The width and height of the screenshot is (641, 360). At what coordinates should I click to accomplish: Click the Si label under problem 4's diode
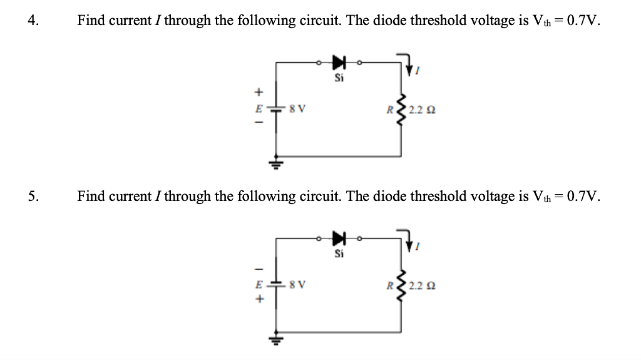[339, 78]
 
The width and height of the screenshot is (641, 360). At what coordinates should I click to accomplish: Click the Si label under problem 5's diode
[339, 254]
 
